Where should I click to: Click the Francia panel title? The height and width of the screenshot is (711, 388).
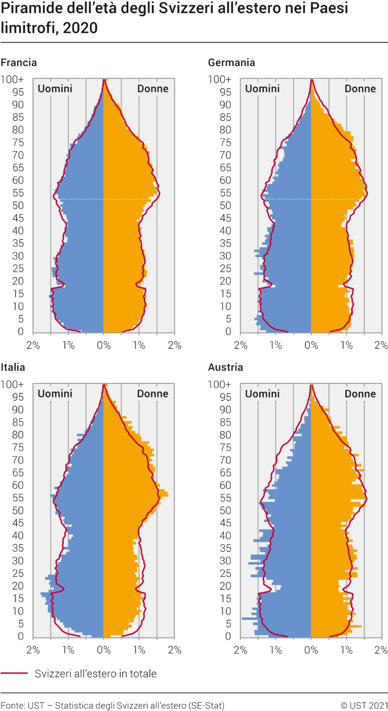pyautogui.click(x=19, y=63)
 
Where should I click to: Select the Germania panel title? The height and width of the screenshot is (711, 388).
pyautogui.click(x=231, y=63)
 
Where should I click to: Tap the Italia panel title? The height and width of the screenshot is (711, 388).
pyautogui.click(x=13, y=367)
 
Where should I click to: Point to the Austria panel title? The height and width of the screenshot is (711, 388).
pyautogui.click(x=225, y=367)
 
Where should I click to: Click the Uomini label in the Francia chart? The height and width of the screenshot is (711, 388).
pyautogui.click(x=55, y=89)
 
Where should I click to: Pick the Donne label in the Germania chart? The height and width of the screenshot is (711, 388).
pyautogui.click(x=360, y=89)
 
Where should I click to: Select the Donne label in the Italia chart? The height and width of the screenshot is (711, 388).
pyautogui.click(x=153, y=394)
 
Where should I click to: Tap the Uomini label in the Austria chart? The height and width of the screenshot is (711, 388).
pyautogui.click(x=262, y=394)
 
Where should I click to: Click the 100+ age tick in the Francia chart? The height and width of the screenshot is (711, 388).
pyautogui.click(x=12, y=79)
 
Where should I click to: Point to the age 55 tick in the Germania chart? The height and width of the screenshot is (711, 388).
pyautogui.click(x=225, y=192)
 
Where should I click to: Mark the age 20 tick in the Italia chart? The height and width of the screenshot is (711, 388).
pyautogui.click(x=18, y=586)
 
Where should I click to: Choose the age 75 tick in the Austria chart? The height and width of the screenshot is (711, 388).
pyautogui.click(x=225, y=447)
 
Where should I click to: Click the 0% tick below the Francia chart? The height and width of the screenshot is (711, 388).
pyautogui.click(x=103, y=345)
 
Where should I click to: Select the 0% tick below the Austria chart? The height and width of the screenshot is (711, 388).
pyautogui.click(x=311, y=650)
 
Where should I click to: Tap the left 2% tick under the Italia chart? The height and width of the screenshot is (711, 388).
pyautogui.click(x=33, y=650)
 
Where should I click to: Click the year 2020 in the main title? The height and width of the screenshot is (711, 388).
pyautogui.click(x=80, y=28)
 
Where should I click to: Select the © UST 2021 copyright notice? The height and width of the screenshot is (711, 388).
pyautogui.click(x=364, y=705)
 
